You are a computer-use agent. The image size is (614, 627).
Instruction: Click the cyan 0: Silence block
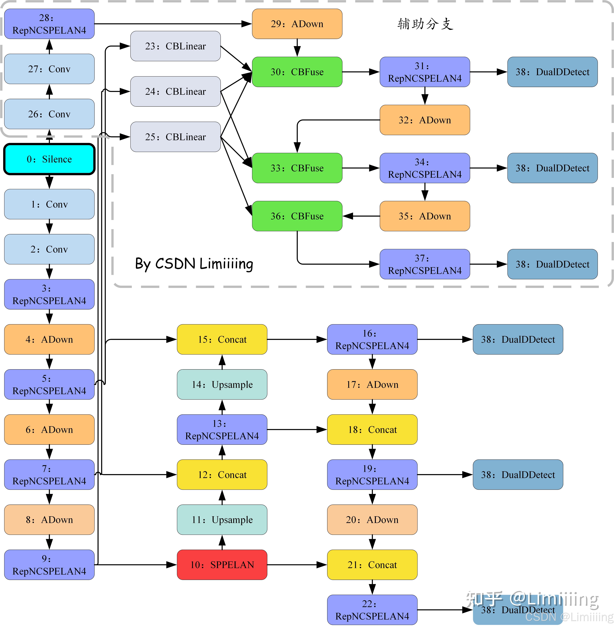tap(49, 159)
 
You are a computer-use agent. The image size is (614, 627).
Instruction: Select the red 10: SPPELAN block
tap(222, 564)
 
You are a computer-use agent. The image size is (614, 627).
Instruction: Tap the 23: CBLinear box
tap(175, 46)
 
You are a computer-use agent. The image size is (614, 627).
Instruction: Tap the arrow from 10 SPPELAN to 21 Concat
tap(297, 564)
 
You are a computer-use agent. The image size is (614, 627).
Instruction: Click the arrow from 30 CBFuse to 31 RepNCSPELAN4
tap(361, 72)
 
